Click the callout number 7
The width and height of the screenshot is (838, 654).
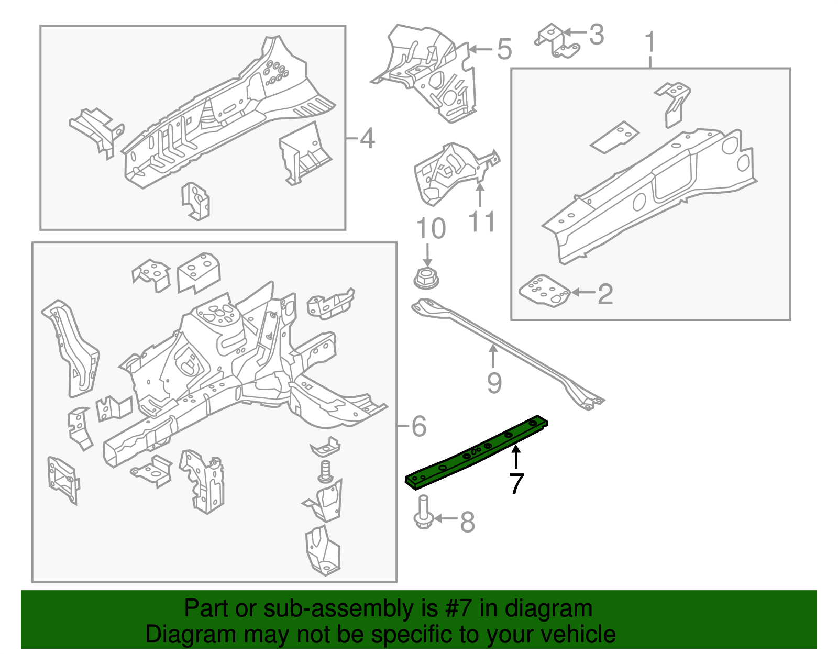[x=516, y=484]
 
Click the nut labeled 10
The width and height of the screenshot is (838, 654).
[x=427, y=278]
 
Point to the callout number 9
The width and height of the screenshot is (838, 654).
[x=494, y=383]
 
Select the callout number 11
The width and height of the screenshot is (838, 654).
[x=481, y=222]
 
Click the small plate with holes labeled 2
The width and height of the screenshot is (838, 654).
[x=544, y=291]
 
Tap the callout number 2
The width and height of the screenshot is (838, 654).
[x=605, y=294]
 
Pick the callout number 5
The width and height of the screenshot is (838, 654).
[x=503, y=50]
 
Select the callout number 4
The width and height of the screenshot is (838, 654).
[x=367, y=139]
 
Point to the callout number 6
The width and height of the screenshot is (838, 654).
[x=418, y=426]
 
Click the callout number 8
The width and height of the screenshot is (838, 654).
[x=467, y=522]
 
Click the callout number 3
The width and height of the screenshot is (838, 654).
[x=596, y=35]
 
